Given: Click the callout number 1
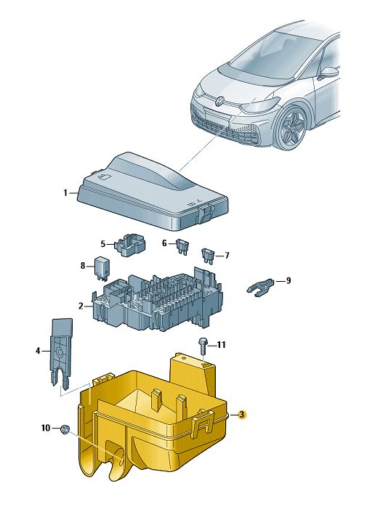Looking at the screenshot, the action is point(65,193).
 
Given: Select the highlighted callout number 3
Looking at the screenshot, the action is point(241,415).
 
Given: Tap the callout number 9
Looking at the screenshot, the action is point(288,280).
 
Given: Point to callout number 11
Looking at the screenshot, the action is point(221,344).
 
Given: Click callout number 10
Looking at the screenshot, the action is point(46,428).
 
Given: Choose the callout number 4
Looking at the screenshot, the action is point(38,351).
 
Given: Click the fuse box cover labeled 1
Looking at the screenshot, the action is point(153,193).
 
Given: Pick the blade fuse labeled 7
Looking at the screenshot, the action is point(208,255).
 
